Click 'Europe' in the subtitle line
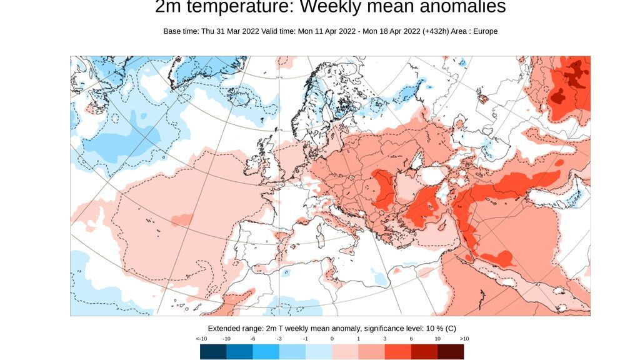point(484,31)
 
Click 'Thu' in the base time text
point(209,31)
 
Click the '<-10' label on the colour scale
point(201,339)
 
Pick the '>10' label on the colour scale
point(464,339)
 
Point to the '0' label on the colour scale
point(332,339)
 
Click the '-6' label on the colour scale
point(253,339)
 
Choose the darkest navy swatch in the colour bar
point(213,352)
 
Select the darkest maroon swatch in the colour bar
point(451,352)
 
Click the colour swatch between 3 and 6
point(397,352)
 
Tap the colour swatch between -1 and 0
point(319,352)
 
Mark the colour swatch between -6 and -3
point(266,352)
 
